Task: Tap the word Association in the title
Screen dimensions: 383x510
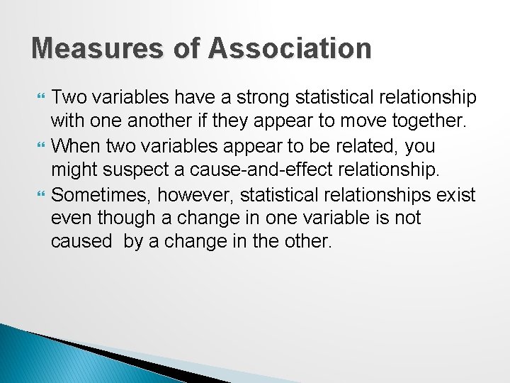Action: (x=290, y=49)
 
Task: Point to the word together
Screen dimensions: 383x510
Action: (x=429, y=121)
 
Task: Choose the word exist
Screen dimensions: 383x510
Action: (x=458, y=194)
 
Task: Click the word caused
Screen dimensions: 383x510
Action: (x=81, y=242)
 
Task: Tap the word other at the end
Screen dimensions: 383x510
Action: (x=308, y=242)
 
